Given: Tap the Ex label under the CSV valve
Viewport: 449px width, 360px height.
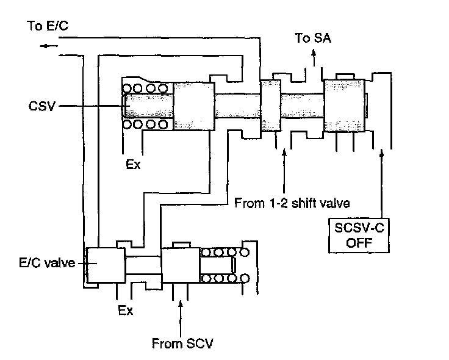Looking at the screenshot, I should pos(134,164).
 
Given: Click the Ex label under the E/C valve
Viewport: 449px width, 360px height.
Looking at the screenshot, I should pos(125,310).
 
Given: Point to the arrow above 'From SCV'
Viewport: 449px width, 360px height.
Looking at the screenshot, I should pos(180,304).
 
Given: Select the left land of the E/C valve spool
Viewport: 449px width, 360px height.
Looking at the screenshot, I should pos(105,266).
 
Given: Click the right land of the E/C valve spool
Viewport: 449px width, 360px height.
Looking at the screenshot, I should pos(180,266).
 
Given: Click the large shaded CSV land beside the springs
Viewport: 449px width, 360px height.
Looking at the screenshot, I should pos(194,107).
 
